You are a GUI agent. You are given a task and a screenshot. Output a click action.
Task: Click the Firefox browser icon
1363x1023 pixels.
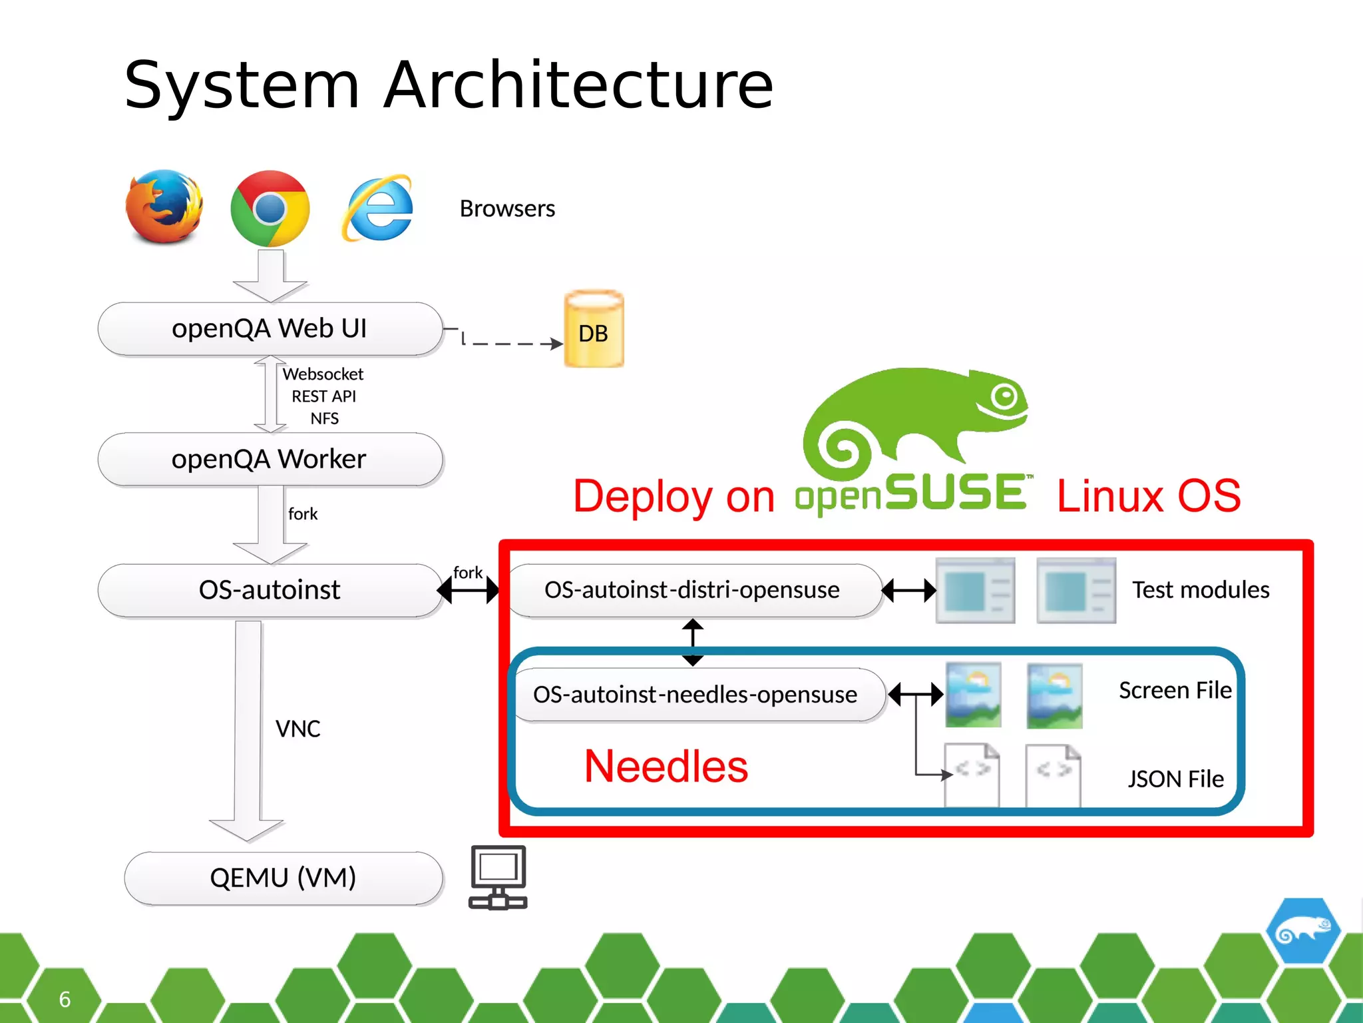pyautogui.click(x=164, y=207)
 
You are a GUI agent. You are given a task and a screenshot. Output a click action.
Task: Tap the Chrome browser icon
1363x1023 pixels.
pyautogui.click(x=270, y=208)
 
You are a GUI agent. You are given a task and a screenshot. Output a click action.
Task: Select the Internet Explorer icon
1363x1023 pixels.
pyautogui.click(x=377, y=209)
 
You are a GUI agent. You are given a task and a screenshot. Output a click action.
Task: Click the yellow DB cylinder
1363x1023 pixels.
pyautogui.click(x=594, y=330)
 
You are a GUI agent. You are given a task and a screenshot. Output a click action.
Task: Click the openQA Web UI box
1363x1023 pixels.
pyautogui.click(x=270, y=328)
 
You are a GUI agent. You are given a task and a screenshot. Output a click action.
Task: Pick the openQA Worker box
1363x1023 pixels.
pyautogui.click(x=270, y=459)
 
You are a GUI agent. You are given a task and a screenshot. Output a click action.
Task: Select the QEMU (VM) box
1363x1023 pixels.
pyautogui.click(x=284, y=878)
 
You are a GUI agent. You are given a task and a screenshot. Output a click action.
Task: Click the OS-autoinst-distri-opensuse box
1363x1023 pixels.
pyautogui.click(x=692, y=590)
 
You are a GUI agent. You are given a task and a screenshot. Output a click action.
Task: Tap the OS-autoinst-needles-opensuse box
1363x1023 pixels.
pyautogui.click(x=695, y=695)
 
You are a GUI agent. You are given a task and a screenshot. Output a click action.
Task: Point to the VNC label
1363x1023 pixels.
pyautogui.click(x=297, y=729)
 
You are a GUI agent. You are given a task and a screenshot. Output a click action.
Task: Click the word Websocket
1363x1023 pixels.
pyautogui.click(x=323, y=374)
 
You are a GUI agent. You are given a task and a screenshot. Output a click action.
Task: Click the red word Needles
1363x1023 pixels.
pyautogui.click(x=666, y=766)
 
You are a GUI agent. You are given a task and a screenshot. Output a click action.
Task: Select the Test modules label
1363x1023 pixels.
pyautogui.click(x=1201, y=590)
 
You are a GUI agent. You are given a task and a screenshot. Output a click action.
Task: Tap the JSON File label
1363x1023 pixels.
pyautogui.click(x=1175, y=779)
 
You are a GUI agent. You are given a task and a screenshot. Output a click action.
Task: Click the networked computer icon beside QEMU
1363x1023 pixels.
pyautogui.click(x=498, y=877)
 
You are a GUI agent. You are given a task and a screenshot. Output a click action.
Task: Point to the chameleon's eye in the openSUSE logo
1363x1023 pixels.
pyautogui.click(x=1004, y=397)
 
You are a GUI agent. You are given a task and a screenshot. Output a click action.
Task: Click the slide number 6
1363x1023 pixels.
pyautogui.click(x=65, y=999)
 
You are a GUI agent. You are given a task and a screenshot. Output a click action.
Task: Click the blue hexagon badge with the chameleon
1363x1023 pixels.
pyautogui.click(x=1302, y=930)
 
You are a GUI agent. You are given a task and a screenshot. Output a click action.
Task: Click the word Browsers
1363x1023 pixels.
pyautogui.click(x=507, y=209)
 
